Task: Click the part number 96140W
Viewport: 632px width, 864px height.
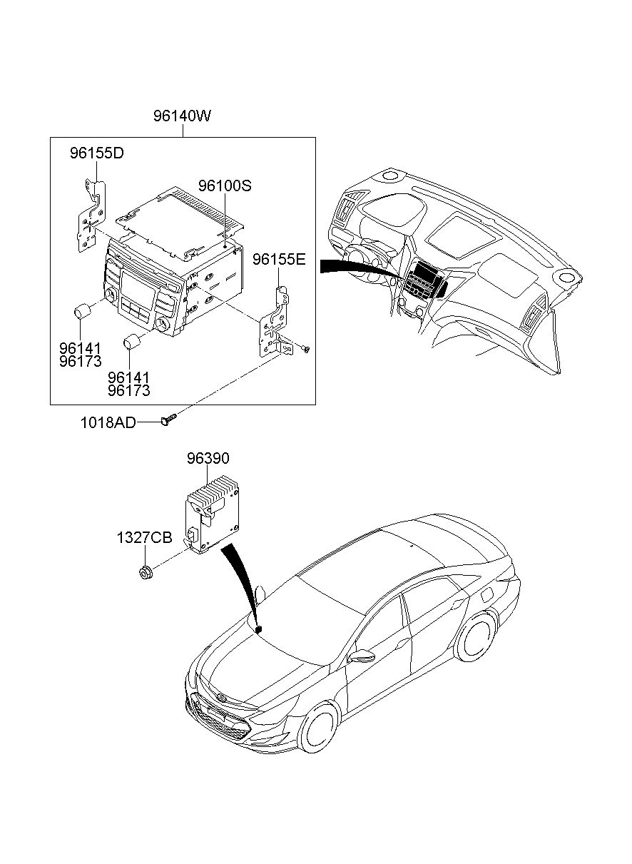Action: tap(182, 116)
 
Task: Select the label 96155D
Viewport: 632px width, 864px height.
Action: tap(97, 153)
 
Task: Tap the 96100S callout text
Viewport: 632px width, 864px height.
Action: tap(225, 185)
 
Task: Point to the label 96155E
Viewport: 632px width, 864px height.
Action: tap(279, 259)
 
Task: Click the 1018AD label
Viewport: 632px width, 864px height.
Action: tap(108, 423)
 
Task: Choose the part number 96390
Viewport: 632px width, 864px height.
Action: tap(208, 458)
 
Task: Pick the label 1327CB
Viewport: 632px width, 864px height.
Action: tap(145, 537)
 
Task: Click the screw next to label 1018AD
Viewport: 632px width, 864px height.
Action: tap(168, 420)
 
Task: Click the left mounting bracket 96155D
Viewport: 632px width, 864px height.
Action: tap(91, 215)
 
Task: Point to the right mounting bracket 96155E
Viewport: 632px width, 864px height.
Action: tap(275, 321)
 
